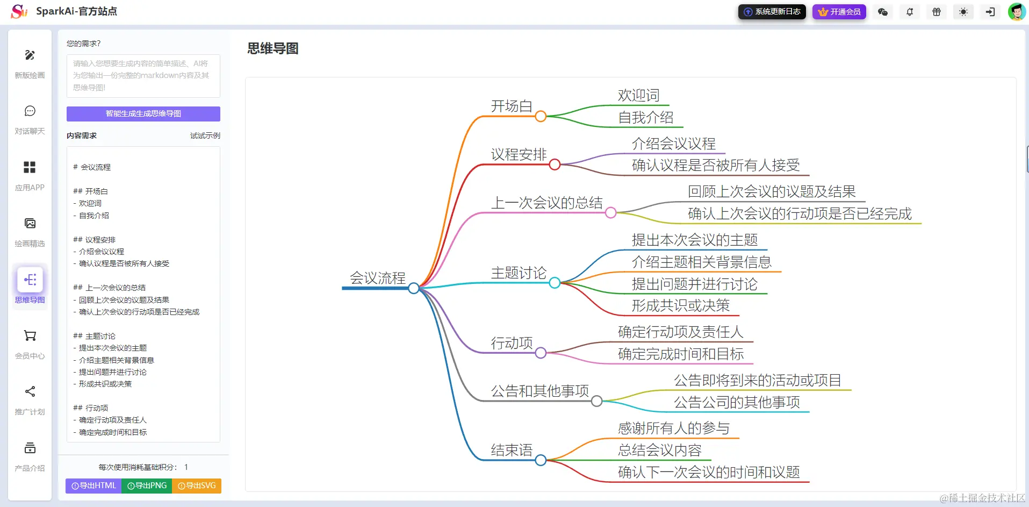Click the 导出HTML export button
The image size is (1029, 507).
coord(93,485)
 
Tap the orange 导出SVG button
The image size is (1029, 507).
coord(197,485)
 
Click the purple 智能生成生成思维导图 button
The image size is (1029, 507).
coord(143,113)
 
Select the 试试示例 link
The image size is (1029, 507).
coord(205,135)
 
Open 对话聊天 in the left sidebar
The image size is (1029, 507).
coord(30,119)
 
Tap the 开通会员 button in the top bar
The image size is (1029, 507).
coord(839,12)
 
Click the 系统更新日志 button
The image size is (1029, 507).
coord(772,12)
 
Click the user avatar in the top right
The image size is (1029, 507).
coord(1016,12)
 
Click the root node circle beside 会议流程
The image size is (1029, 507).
coord(413,289)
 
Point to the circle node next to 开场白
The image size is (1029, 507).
coord(541,116)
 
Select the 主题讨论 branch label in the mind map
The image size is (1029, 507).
coord(518,273)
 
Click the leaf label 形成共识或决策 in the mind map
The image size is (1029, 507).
coord(680,306)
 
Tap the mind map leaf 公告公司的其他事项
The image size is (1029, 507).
coord(737,402)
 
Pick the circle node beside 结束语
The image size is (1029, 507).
coord(541,460)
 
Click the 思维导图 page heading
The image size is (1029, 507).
coord(272,48)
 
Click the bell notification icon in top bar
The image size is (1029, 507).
coord(910,12)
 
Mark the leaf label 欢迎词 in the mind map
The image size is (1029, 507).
coord(638,96)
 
